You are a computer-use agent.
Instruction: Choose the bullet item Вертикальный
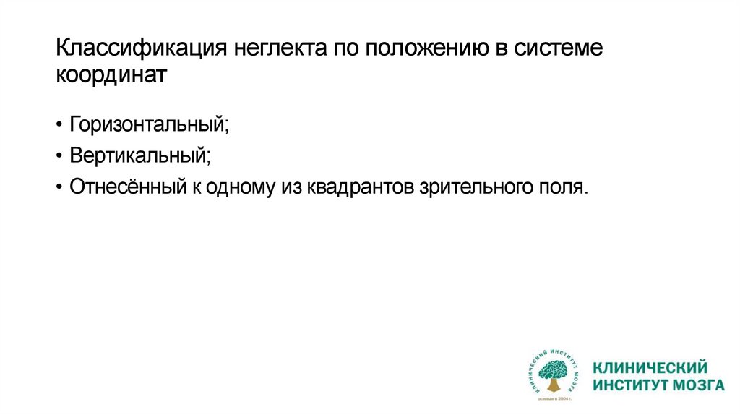point(140,155)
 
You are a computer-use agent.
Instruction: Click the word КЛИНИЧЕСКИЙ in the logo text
point(650,367)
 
